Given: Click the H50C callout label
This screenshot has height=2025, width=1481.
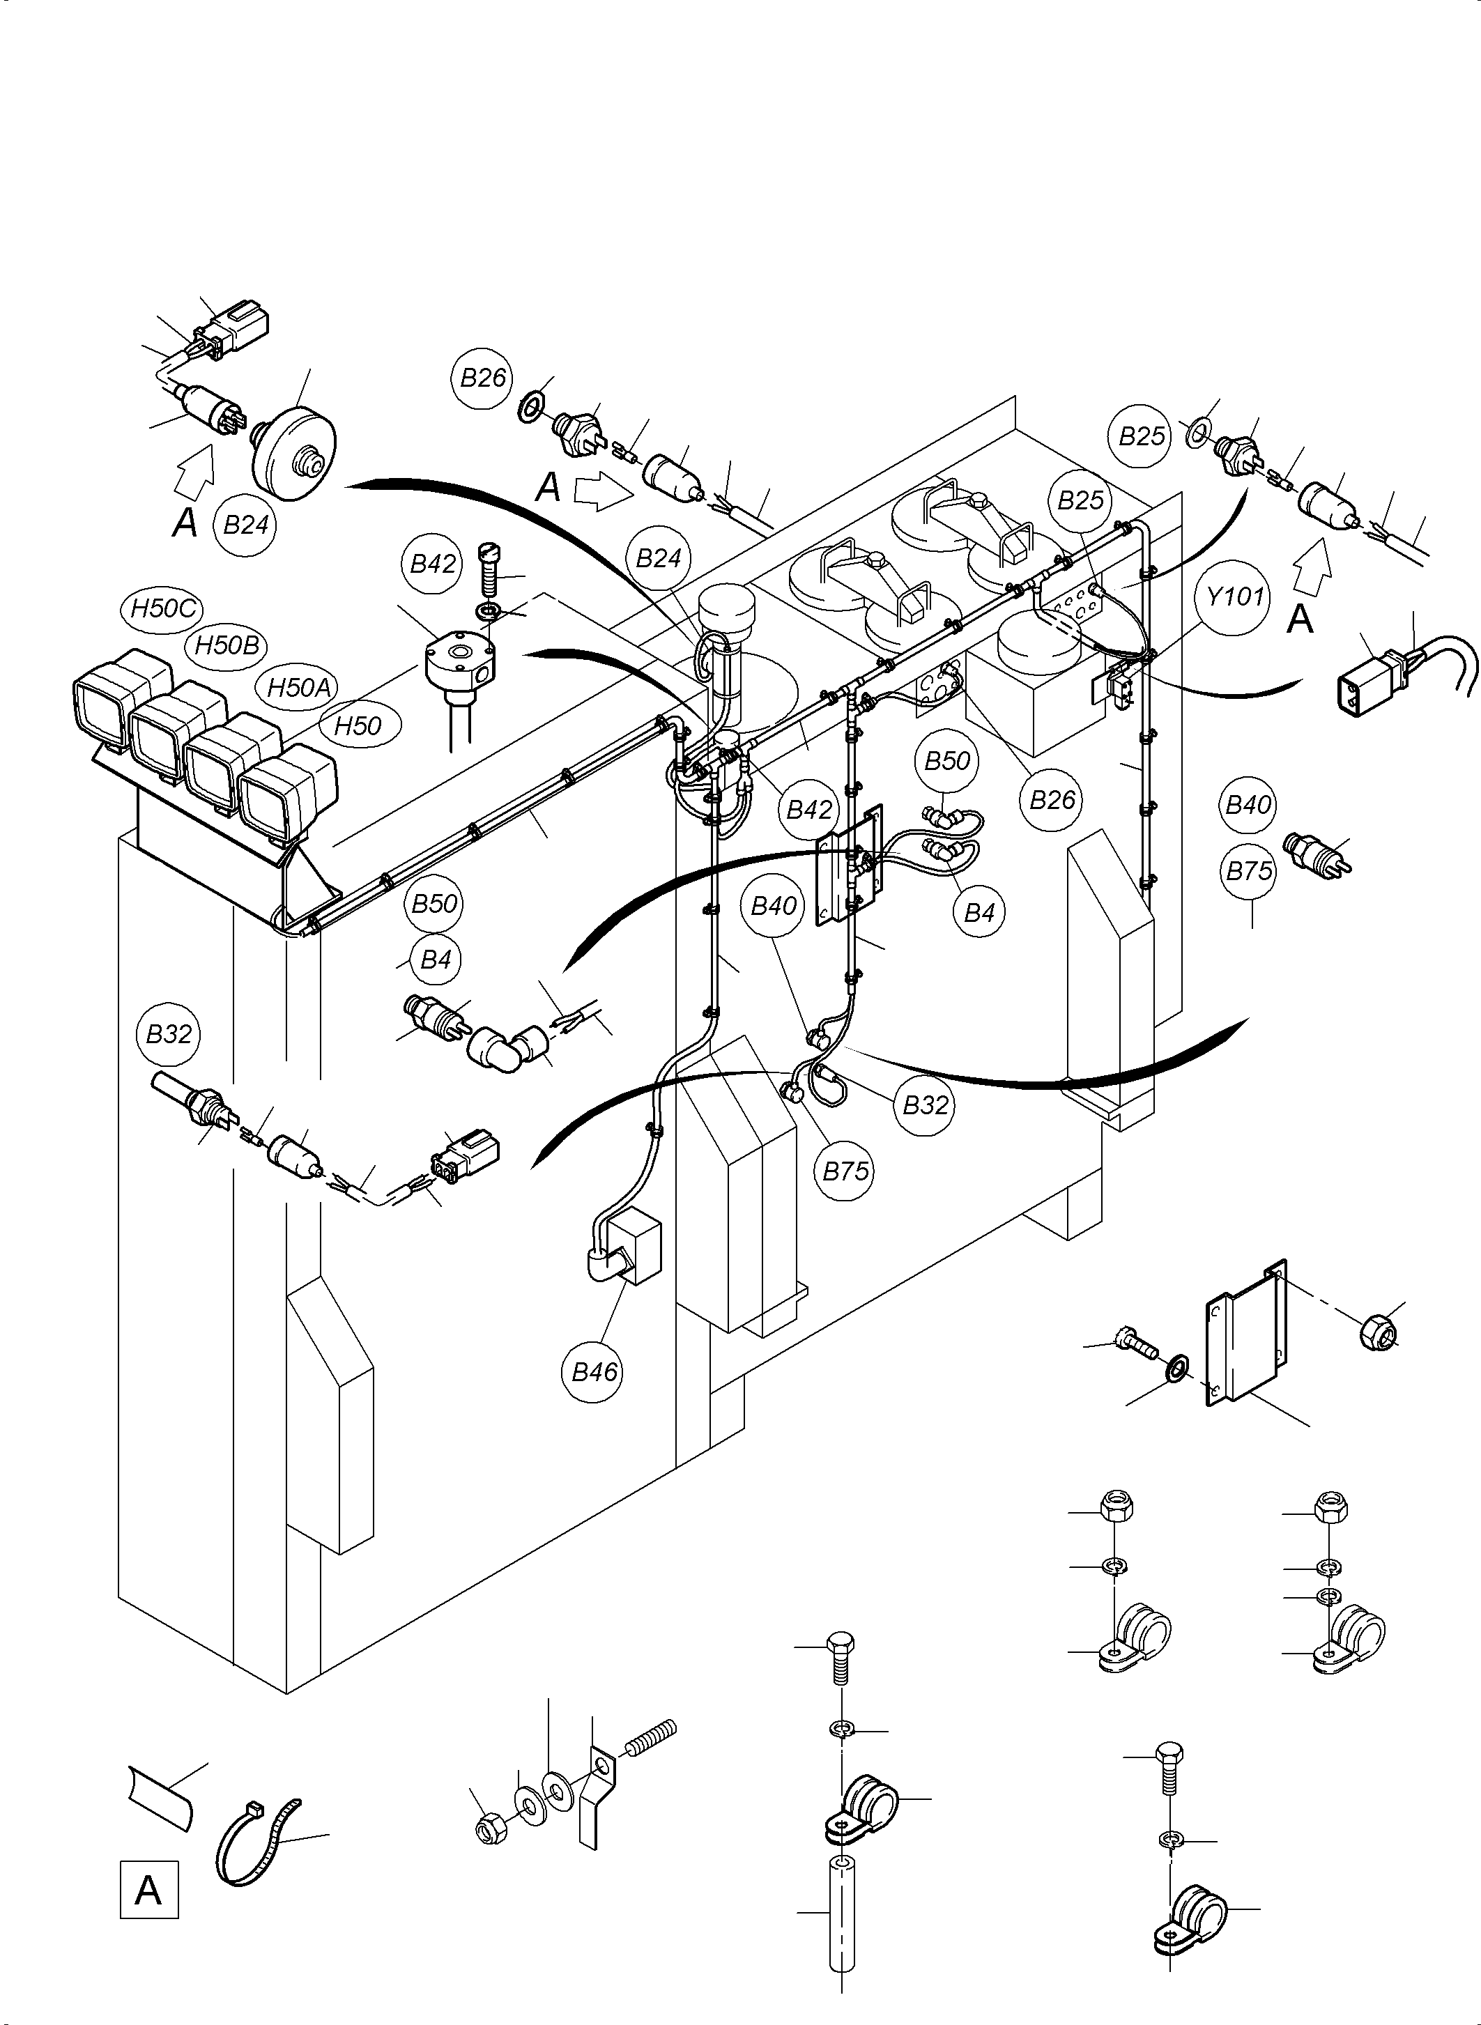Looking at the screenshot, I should point(162,608).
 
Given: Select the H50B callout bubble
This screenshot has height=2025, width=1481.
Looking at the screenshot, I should point(227,645).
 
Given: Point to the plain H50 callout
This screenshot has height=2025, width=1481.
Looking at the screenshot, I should point(358,725).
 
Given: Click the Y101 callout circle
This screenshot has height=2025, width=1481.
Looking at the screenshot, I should point(1234,596).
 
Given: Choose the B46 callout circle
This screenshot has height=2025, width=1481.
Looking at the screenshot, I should point(595,1371).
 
